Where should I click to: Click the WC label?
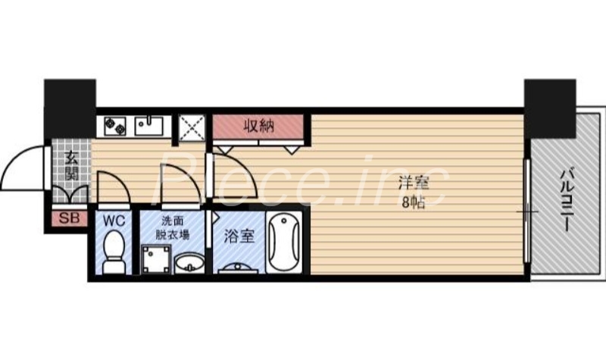click(x=114, y=221)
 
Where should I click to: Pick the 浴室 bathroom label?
click(x=238, y=236)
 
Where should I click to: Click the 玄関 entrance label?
click(x=71, y=168)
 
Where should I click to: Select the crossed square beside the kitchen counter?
click(x=191, y=127)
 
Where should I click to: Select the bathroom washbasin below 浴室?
click(x=238, y=268)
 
